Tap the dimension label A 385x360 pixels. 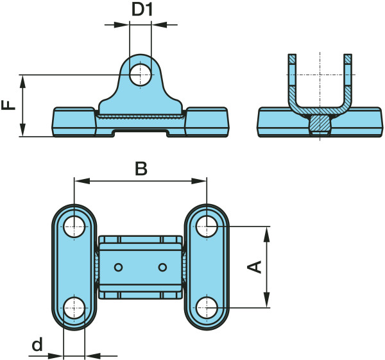point(255,267)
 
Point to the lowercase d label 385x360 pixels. point(37,345)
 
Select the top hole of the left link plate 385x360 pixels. point(74,225)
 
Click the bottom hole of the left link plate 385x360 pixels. point(74,307)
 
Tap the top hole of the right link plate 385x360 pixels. point(207,225)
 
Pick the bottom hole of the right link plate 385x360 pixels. point(207,307)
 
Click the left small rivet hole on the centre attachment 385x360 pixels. point(118,266)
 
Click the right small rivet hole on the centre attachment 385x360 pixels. point(162,266)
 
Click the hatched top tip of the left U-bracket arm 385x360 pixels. point(293,60)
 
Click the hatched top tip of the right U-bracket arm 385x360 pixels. point(348,60)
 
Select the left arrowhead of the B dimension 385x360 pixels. point(79,182)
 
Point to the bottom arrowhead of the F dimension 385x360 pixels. point(23,131)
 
